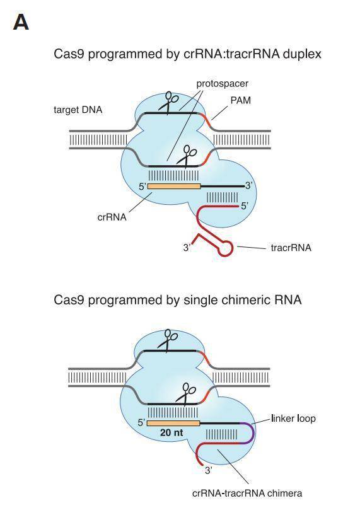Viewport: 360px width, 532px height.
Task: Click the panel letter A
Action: point(20,23)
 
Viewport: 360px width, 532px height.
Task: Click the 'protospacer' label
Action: point(222,83)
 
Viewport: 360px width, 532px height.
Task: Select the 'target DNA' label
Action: point(78,110)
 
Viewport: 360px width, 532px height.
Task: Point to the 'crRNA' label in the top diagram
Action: point(112,217)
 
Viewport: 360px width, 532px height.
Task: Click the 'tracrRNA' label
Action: point(291,248)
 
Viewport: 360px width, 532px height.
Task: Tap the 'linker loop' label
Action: point(293,419)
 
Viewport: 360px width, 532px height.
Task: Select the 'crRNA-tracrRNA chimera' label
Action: point(247,492)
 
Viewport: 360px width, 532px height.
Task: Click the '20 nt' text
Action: point(172,433)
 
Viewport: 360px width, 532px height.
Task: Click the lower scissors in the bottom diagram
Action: point(187,393)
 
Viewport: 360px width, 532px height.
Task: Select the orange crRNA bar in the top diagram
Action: point(173,186)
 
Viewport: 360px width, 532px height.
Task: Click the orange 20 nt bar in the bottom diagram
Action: point(173,422)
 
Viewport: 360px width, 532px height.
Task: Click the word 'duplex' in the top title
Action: point(302,54)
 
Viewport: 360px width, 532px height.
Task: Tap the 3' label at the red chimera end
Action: point(209,470)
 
